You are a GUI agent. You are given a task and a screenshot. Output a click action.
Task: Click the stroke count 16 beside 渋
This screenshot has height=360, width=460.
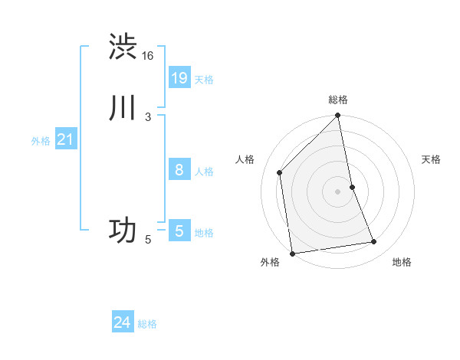click(148, 55)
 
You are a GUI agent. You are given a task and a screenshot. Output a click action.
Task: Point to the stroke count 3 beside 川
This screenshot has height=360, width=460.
click(148, 116)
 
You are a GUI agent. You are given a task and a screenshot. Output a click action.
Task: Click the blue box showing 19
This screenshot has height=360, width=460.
click(179, 77)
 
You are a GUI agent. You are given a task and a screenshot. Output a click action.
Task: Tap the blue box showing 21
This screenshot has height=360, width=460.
click(65, 139)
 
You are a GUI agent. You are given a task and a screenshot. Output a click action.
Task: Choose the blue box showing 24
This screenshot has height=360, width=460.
click(122, 322)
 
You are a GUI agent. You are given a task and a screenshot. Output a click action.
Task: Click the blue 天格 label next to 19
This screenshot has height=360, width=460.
click(204, 79)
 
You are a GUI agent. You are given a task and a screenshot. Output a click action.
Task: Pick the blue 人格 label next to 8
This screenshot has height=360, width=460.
click(204, 171)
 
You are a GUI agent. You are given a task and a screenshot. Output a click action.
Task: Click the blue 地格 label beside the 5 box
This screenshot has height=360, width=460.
click(204, 232)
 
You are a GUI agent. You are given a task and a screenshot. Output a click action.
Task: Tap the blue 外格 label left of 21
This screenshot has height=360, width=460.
click(41, 141)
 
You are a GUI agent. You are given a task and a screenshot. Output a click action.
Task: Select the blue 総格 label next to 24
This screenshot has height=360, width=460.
click(147, 324)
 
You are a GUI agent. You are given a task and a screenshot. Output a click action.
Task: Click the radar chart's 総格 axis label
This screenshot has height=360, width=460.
click(338, 100)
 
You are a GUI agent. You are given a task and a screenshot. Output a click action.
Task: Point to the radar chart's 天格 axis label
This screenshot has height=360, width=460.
click(432, 159)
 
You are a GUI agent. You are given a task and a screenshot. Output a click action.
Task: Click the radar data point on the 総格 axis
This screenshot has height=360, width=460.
click(338, 116)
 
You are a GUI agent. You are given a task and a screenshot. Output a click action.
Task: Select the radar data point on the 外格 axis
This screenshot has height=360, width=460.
click(292, 253)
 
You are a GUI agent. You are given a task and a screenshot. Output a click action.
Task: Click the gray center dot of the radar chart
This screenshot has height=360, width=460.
click(338, 191)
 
